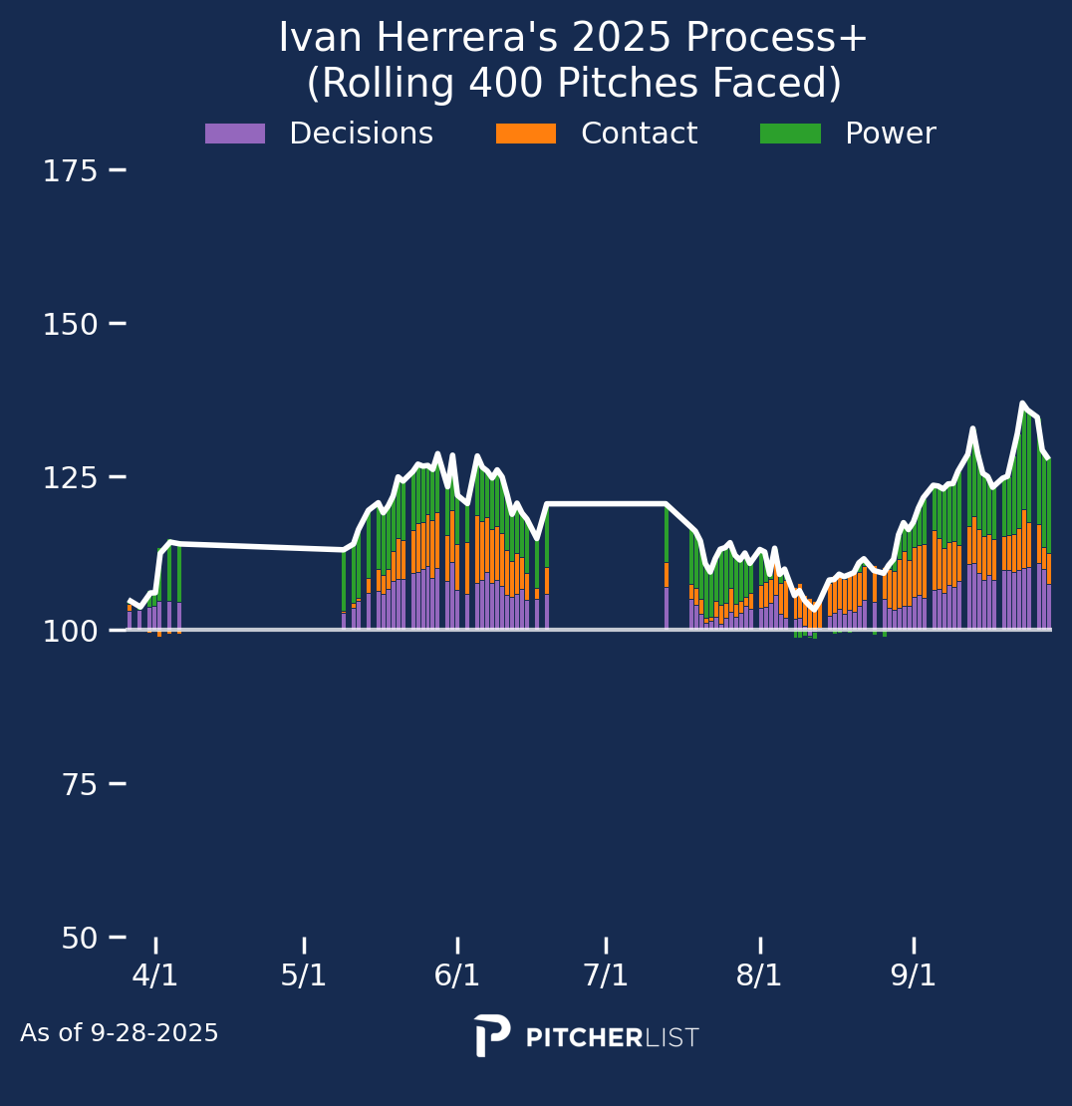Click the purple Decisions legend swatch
click(x=235, y=134)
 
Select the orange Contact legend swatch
click(x=526, y=134)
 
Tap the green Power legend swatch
click(x=790, y=134)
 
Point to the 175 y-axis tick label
click(x=70, y=171)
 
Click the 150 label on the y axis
click(x=70, y=325)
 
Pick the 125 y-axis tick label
click(x=70, y=478)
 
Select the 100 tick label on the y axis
click(x=70, y=632)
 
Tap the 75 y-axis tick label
click(x=82, y=785)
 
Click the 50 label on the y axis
click(x=82, y=939)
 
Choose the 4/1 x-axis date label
click(x=155, y=975)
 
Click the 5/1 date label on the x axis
click(x=304, y=975)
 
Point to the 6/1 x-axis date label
click(x=457, y=975)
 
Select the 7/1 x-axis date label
click(x=606, y=975)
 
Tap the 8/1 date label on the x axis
click(x=759, y=975)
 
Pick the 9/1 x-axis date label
click(x=914, y=975)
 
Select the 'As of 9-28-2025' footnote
click(x=120, y=1034)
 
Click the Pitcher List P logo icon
click(x=492, y=1036)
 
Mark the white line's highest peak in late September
click(x=1022, y=404)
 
